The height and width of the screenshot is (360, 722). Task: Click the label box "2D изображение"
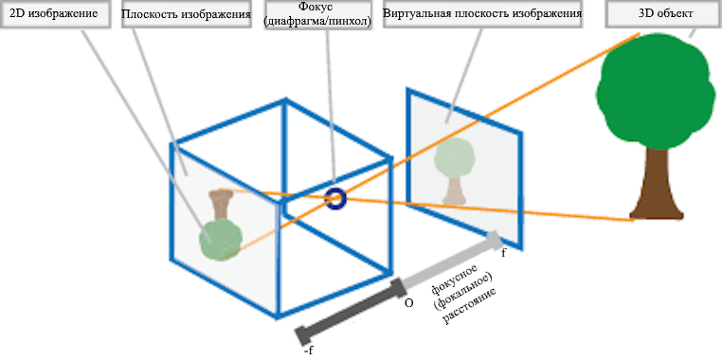[x=56, y=16]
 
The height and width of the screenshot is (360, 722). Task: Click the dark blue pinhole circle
[x=335, y=198]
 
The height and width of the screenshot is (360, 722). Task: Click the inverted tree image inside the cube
[x=222, y=227]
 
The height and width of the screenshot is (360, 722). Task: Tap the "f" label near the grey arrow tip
[x=503, y=253]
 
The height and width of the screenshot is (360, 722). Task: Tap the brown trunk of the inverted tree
[x=223, y=203]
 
